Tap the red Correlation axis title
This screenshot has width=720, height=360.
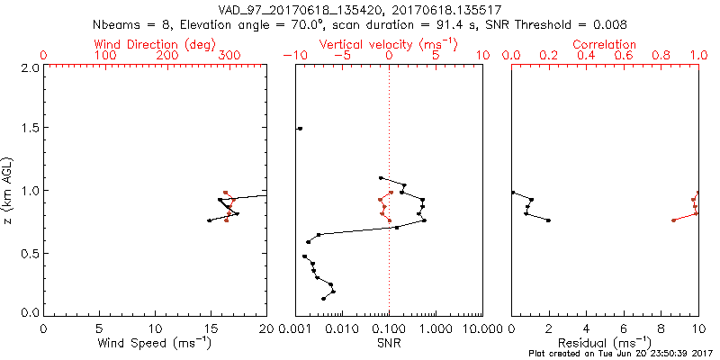(x=605, y=44)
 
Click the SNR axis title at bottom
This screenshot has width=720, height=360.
(x=389, y=343)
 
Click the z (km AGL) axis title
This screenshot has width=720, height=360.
(x=9, y=190)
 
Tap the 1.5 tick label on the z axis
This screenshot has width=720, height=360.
(x=30, y=129)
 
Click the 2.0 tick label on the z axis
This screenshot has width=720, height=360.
(x=30, y=67)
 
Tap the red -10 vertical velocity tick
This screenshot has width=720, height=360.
(x=293, y=56)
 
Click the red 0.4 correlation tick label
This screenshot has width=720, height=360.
(x=586, y=56)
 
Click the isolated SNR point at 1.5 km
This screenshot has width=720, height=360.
(x=300, y=129)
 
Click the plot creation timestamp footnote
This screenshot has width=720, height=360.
(x=621, y=354)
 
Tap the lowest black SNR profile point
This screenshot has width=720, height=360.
(x=324, y=299)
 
